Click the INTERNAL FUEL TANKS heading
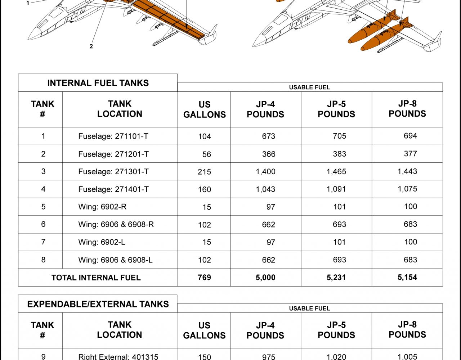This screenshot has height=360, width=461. point(98,83)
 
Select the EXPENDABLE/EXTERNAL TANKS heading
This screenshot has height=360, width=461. point(98,304)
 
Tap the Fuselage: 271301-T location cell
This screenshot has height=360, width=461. point(113,172)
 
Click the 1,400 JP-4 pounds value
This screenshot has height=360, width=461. point(265,172)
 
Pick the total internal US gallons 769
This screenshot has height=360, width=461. point(204,278)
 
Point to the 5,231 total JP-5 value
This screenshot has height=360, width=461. point(336,278)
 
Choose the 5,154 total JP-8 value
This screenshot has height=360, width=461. point(407,278)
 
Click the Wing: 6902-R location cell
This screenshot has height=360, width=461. point(102,207)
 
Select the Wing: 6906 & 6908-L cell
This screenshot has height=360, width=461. point(115,260)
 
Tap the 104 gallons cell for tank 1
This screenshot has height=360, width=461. point(204,136)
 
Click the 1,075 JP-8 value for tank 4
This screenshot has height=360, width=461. point(407,189)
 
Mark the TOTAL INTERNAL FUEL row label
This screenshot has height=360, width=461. point(96,278)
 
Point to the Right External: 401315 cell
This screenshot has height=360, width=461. point(118,357)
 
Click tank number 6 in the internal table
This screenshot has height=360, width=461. point(43,224)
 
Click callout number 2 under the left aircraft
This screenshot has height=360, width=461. point(91,46)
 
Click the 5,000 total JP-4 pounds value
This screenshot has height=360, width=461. point(265,278)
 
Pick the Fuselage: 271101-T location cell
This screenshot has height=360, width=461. point(113,136)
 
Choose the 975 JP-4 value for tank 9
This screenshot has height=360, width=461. point(269,357)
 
